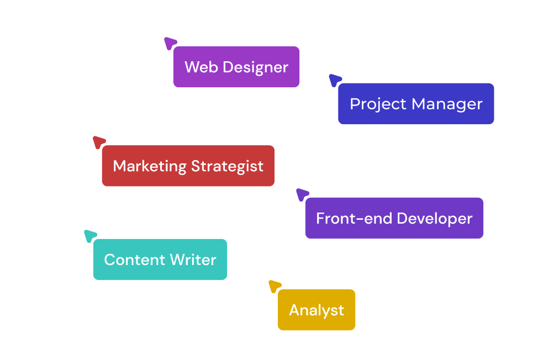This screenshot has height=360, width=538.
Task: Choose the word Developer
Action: pos(434,219)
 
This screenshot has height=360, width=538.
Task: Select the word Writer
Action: pos(193,260)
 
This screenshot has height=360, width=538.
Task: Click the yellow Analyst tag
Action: pos(317,310)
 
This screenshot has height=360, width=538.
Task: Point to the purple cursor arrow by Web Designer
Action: pos(170,43)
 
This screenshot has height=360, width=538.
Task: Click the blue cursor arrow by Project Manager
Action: pos(335,80)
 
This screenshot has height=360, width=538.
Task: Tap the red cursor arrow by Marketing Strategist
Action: pos(99,142)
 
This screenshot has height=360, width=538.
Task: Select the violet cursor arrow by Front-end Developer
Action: pos(302,194)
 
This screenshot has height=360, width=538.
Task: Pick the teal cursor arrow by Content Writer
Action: pos(90,236)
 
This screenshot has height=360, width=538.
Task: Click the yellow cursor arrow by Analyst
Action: pos(274,286)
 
